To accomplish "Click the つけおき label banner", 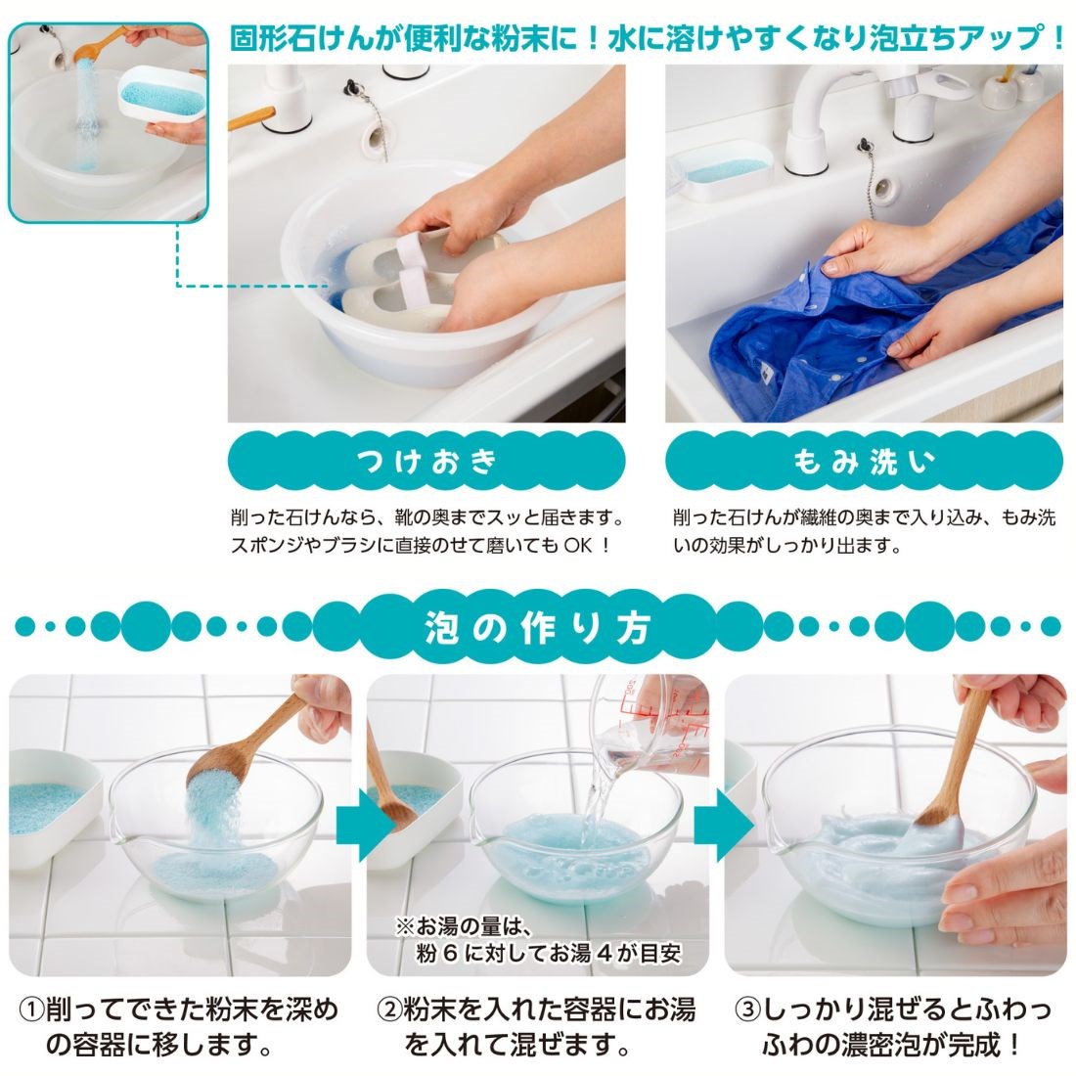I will coord(426,462).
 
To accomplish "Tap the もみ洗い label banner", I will coord(864,462).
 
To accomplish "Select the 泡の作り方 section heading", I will coord(538,627).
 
